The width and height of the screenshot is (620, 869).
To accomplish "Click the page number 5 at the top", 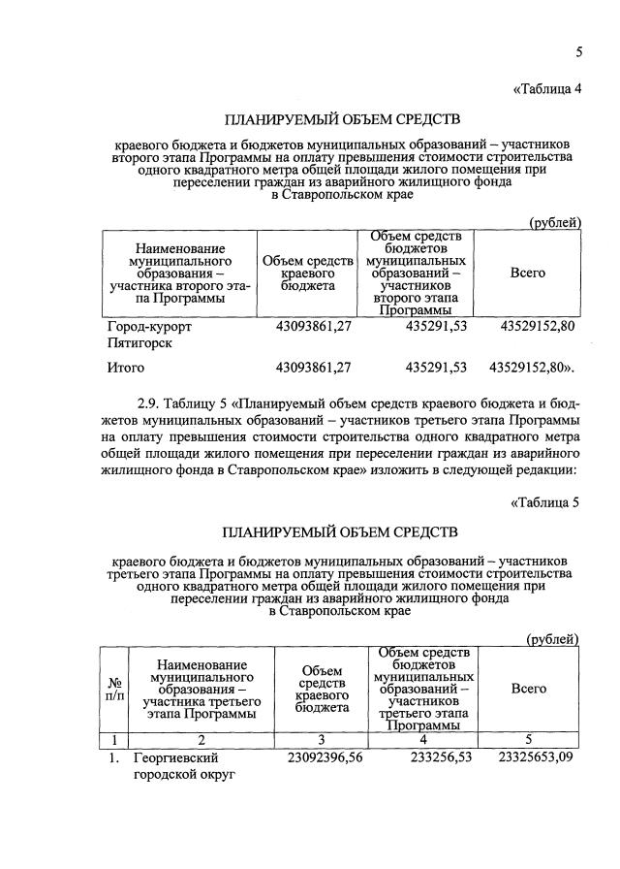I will coord(578,51).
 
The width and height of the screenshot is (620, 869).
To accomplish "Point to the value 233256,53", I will coord(434,757).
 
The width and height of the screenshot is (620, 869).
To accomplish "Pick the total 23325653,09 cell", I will coord(536,757).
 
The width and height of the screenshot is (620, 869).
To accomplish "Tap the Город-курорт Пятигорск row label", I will coord(150,335).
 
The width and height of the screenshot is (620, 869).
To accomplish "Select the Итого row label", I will coord(125,368).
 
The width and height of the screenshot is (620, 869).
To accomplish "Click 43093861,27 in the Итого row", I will coord(312,368).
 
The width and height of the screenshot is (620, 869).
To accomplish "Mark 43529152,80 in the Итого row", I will coord(532,368).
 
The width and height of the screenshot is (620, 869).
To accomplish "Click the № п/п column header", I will coord(114,689).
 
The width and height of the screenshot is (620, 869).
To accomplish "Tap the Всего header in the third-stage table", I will coord(528,689).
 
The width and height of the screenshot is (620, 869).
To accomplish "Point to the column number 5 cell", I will coord(528,738).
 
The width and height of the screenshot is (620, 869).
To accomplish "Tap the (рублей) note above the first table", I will coord(554,222).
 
